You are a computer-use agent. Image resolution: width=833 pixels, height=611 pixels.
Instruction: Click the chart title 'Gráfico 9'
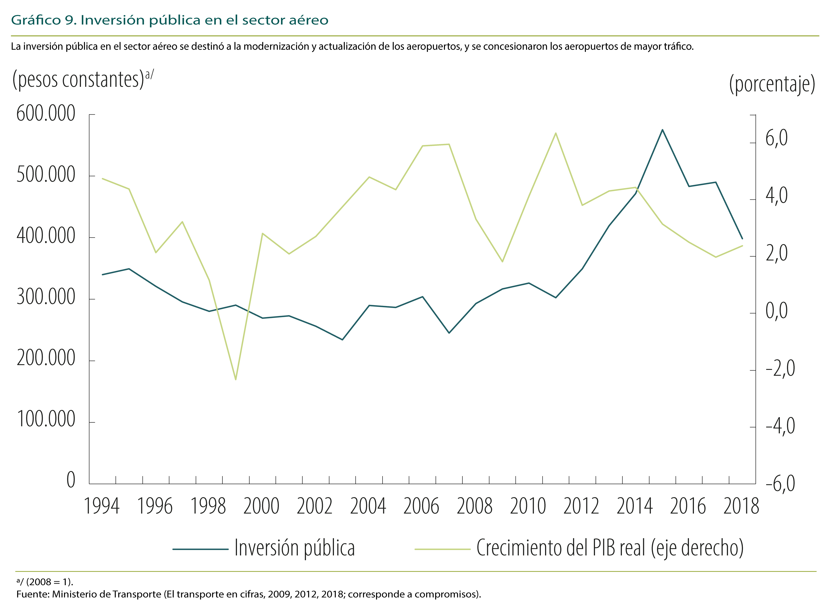[x=44, y=20]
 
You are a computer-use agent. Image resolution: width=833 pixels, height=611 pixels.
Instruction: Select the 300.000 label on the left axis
[x=46, y=297]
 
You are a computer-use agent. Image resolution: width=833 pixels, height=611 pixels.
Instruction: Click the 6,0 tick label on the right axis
[x=776, y=138]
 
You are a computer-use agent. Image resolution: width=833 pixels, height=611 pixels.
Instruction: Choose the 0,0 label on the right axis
[x=776, y=311]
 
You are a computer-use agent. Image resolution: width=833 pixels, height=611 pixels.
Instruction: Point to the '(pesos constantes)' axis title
[x=78, y=79]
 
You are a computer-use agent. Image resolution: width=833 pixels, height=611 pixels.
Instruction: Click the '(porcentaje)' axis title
[x=772, y=84]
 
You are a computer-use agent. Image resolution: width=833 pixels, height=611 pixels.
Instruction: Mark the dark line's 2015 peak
[x=662, y=130]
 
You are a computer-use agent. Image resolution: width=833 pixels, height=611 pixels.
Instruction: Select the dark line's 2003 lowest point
[x=342, y=339]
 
